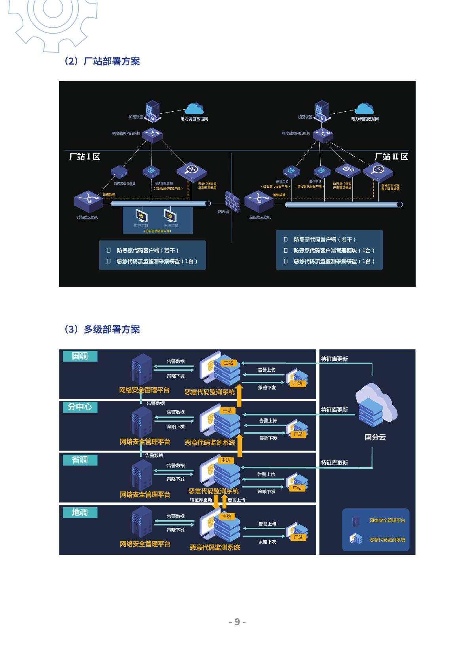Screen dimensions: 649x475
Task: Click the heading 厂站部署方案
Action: click(x=102, y=61)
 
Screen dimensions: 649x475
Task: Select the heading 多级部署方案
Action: click(x=102, y=329)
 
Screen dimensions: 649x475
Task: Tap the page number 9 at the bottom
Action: click(x=237, y=622)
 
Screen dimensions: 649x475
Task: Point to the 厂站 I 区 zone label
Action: click(x=85, y=157)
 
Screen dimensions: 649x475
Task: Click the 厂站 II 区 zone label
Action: click(x=391, y=157)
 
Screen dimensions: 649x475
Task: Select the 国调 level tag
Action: click(x=80, y=356)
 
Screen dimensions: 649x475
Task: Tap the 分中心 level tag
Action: click(x=80, y=407)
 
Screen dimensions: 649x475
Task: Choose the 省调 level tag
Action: click(x=80, y=460)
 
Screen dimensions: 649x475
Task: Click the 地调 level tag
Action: click(x=80, y=512)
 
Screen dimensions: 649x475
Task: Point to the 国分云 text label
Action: click(x=375, y=438)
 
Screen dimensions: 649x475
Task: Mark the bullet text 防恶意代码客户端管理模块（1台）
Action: click(x=334, y=251)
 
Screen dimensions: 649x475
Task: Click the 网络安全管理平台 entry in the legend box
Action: click(x=387, y=520)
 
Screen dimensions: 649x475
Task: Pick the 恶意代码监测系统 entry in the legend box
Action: click(x=387, y=540)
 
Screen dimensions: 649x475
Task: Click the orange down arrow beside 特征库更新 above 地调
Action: click(x=216, y=502)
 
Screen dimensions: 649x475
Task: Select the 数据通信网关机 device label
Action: click(x=125, y=184)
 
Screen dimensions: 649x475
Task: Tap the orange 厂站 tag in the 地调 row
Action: click(x=298, y=537)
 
